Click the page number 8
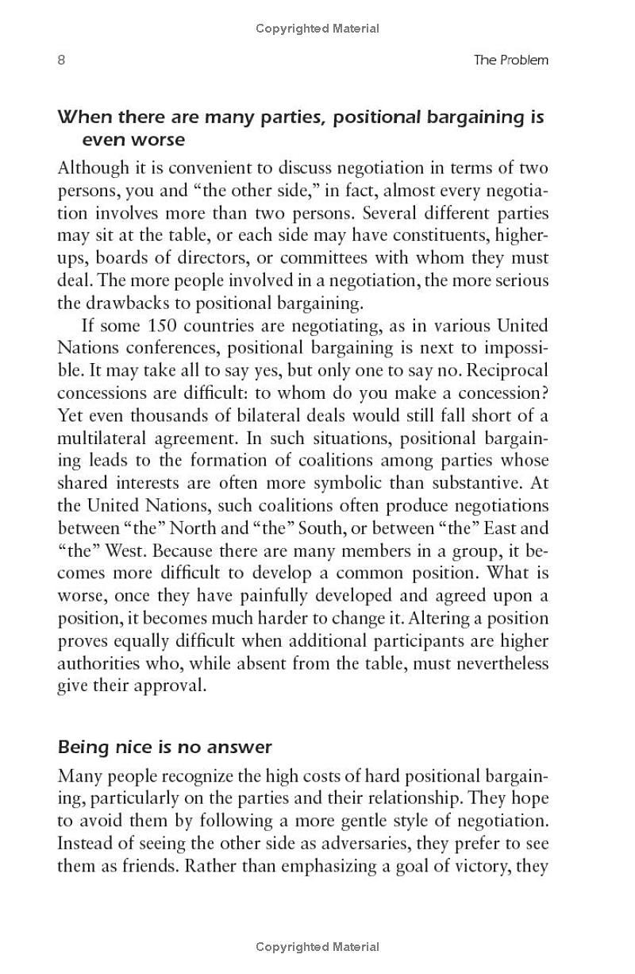(61, 60)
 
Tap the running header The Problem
(510, 60)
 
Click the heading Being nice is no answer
(164, 747)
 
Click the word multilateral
(101, 438)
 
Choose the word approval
(170, 686)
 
